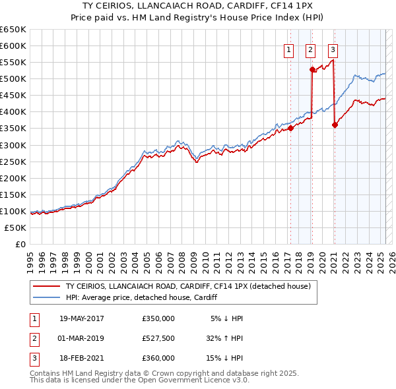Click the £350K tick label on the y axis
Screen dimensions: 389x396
(13, 129)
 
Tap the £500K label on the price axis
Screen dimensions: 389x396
(13, 78)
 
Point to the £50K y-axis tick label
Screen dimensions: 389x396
(16, 227)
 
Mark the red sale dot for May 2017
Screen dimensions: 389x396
(291, 128)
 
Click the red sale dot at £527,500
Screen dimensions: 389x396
(312, 69)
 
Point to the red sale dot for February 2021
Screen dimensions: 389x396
(335, 125)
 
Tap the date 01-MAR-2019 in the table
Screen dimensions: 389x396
(82, 338)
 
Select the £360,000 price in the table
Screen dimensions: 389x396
(158, 358)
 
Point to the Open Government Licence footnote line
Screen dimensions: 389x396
(139, 380)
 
